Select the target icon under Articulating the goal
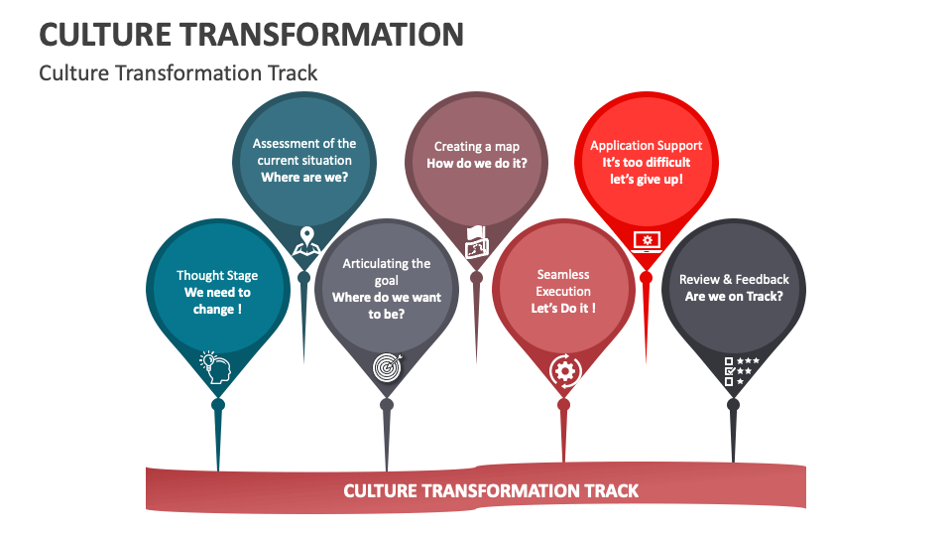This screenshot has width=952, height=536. click(387, 366)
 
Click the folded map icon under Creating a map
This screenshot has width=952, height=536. click(477, 241)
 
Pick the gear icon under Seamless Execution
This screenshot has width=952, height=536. click(564, 370)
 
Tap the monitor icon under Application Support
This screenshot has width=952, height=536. click(647, 241)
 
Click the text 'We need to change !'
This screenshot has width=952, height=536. click(217, 301)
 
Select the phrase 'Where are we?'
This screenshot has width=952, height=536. click(304, 178)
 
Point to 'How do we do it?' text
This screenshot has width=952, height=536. click(477, 164)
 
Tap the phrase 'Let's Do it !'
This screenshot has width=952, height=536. click(563, 309)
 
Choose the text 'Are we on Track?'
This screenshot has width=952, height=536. click(734, 297)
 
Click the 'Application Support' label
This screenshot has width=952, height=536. click(646, 146)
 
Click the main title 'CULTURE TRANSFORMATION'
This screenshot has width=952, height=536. click(252, 34)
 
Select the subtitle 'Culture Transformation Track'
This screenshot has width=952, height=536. click(178, 73)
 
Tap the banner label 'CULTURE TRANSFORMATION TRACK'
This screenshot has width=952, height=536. click(491, 490)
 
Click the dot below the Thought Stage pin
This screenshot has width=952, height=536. click(218, 404)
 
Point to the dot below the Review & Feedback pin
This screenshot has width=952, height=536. click(733, 404)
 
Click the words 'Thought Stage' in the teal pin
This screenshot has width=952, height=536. click(217, 275)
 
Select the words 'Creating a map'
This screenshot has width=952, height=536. click(477, 147)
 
